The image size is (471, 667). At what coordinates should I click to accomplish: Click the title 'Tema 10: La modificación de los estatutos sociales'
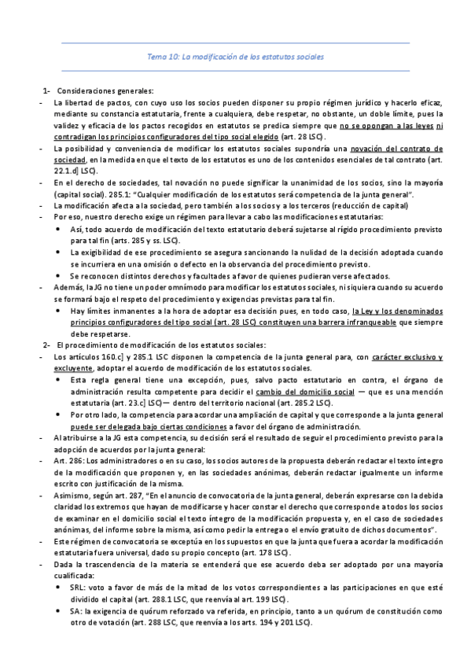coord(235,57)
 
